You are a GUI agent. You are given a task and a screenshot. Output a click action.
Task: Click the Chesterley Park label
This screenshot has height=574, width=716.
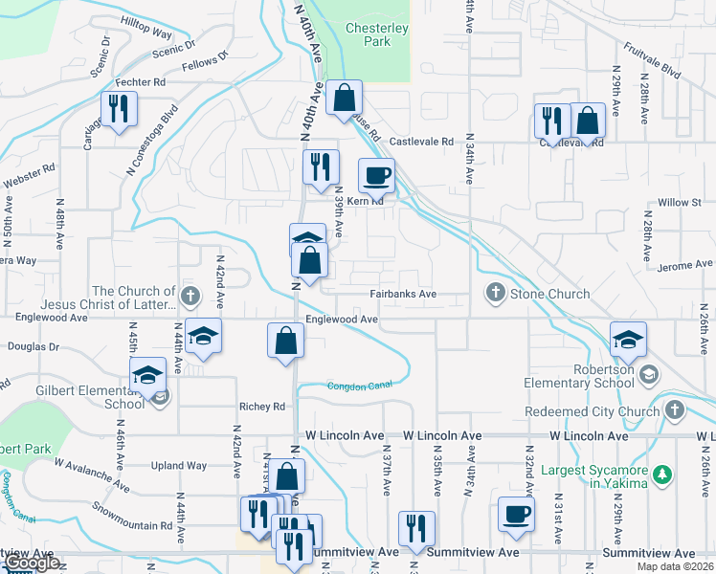376,35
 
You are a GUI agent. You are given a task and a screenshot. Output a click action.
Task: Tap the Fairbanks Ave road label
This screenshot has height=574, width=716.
404,294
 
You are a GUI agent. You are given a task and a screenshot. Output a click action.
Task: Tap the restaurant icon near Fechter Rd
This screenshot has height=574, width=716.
120,108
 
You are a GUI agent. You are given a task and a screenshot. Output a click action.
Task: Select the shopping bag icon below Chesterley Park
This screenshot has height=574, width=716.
344,98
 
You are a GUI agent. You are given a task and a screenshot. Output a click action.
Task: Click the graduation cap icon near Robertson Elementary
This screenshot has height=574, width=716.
628,339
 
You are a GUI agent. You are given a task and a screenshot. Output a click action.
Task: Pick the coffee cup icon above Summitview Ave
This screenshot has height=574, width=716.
516,515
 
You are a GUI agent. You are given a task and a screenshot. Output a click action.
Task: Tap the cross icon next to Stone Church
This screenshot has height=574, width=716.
495,293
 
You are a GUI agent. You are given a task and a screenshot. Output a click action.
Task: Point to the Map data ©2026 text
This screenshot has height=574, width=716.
678,566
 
